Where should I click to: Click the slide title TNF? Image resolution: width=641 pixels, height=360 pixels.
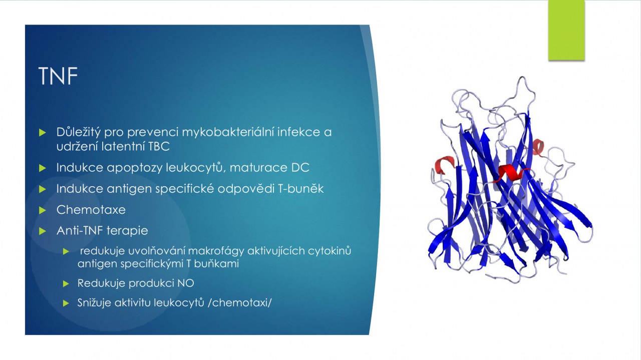tap(58, 76)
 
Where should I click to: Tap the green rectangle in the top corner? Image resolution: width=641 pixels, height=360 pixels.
tap(566, 30)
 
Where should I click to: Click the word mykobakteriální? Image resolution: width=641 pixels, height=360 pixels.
tap(228, 132)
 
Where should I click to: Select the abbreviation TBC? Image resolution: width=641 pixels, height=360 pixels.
tap(159, 146)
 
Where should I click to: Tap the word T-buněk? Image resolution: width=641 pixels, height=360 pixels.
tap(301, 189)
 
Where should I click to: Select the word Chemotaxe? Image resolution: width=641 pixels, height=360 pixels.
tap(91, 210)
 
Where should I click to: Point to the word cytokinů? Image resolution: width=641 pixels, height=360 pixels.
tap(329, 251)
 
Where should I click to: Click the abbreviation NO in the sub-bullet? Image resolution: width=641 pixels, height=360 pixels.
tap(186, 283)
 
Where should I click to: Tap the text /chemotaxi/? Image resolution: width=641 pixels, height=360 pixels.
tap(240, 302)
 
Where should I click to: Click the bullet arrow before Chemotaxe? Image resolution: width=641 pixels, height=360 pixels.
tap(43, 210)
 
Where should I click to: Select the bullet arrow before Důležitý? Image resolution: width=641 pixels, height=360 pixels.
tap(43, 133)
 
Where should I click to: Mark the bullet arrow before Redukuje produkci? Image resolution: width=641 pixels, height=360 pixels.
tap(66, 283)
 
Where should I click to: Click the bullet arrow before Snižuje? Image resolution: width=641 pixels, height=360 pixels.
tap(66, 303)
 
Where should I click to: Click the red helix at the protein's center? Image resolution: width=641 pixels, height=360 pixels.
tap(511, 172)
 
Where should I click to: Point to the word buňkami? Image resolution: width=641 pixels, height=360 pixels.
tap(216, 263)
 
